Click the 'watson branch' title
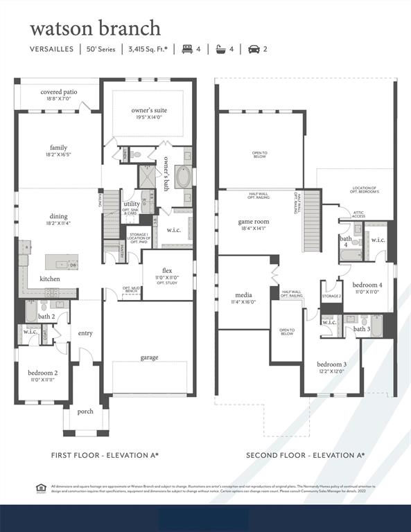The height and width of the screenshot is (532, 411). [x=95, y=28]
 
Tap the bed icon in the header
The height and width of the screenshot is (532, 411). [x=186, y=49]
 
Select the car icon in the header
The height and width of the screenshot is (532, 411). [x=254, y=49]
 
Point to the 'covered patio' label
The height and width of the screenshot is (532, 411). [x=59, y=91]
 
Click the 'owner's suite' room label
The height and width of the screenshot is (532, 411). [x=149, y=110]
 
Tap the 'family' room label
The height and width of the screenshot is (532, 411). [x=59, y=148]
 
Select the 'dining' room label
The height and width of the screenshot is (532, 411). [x=59, y=216]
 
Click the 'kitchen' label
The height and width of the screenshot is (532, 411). [x=49, y=278]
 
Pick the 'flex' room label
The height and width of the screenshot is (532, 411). [x=167, y=270]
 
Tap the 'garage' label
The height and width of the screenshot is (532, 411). [x=149, y=357]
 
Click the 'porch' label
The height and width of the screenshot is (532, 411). [x=85, y=411]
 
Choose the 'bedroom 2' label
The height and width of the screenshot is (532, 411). [x=42, y=373]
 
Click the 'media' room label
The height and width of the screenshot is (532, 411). [x=243, y=295]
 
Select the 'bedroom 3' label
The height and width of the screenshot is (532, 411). [x=331, y=364]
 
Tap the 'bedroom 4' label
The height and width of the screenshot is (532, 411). [x=367, y=285]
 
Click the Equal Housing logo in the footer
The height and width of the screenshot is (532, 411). [x=40, y=488]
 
